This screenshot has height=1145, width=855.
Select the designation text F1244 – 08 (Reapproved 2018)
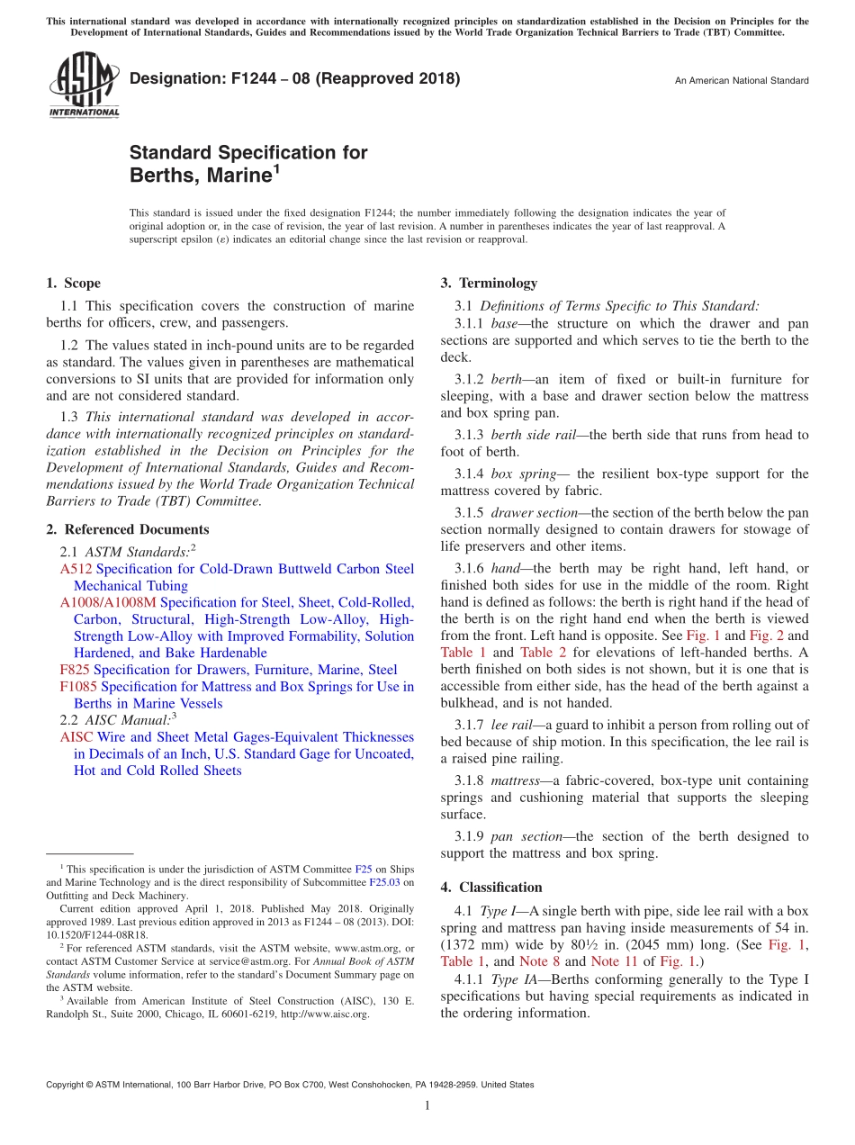[x=294, y=78]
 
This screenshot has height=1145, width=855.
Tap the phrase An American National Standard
[x=742, y=81]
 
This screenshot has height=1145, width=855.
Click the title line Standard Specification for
[x=248, y=152]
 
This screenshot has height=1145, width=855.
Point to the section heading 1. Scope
[x=74, y=284]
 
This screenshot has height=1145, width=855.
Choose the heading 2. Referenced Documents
[x=128, y=529]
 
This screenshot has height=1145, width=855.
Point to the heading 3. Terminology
[x=489, y=284]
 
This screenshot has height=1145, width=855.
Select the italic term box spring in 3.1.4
[x=513, y=474]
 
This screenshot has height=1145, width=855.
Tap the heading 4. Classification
[x=491, y=887]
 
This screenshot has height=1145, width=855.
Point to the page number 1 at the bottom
[x=427, y=1105]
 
